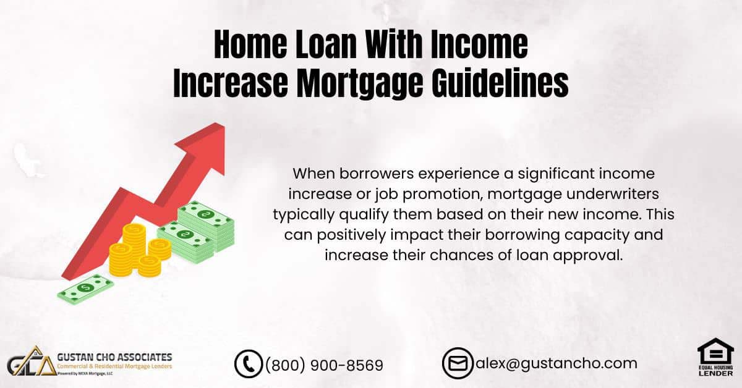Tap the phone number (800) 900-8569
[324, 365]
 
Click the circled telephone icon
[249, 364]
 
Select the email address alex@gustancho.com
[555, 363]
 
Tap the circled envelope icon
[458, 363]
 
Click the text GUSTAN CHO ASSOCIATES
[114, 357]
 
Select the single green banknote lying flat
[86, 289]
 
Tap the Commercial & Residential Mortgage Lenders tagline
[114, 367]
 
